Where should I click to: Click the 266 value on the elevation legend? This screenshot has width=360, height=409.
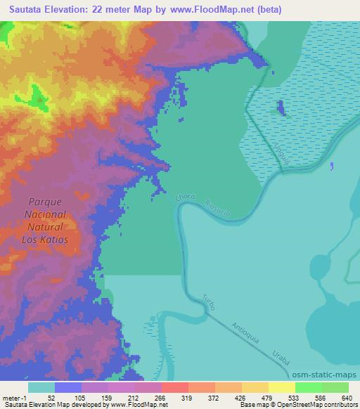coord(161,397)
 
